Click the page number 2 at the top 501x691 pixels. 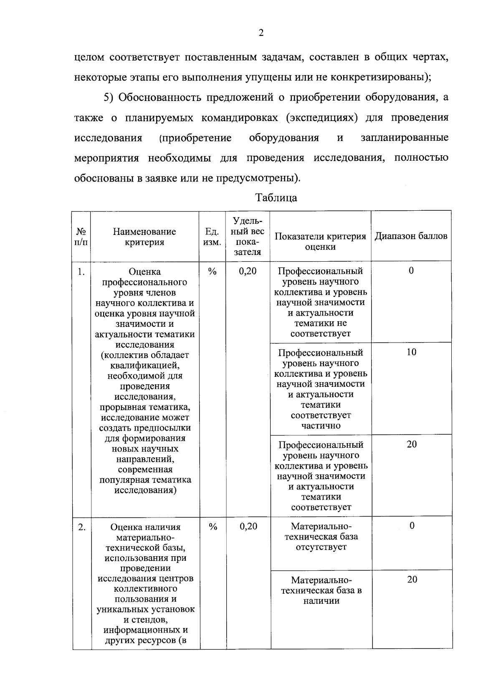(261, 33)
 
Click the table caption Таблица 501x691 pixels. (276, 197)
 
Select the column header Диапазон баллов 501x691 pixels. (411, 236)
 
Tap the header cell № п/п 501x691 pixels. (81, 237)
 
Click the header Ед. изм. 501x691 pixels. (213, 237)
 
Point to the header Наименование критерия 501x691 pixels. (144, 237)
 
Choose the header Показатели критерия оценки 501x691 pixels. (321, 241)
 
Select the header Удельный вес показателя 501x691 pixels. (248, 236)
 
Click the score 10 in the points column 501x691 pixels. (411, 352)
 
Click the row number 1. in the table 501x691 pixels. (81, 272)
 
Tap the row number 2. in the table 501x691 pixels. (82, 527)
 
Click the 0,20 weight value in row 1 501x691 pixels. (248, 271)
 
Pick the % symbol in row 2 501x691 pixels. (213, 527)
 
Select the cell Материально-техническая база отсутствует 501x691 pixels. (321, 537)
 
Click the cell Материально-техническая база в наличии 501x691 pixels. (321, 590)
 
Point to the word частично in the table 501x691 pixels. (321, 426)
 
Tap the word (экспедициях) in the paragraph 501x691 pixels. (322, 118)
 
